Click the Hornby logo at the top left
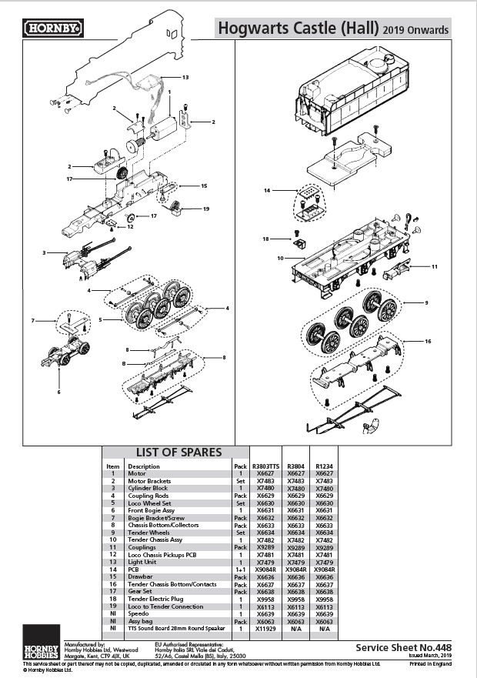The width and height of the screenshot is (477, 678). pyautogui.click(x=54, y=28)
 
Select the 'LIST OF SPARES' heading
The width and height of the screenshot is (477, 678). pyautogui.click(x=178, y=452)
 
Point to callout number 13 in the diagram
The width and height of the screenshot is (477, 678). pyautogui.click(x=185, y=77)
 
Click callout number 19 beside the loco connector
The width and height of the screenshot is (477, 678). pyautogui.click(x=206, y=209)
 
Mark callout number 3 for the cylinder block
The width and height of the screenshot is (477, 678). pyautogui.click(x=45, y=252)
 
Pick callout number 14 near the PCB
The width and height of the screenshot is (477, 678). pyautogui.click(x=267, y=189)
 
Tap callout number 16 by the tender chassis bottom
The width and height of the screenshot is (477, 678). pyautogui.click(x=428, y=339)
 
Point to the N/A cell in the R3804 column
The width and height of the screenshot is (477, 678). pyautogui.click(x=295, y=628)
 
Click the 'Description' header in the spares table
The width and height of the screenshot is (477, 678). pyautogui.click(x=144, y=466)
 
